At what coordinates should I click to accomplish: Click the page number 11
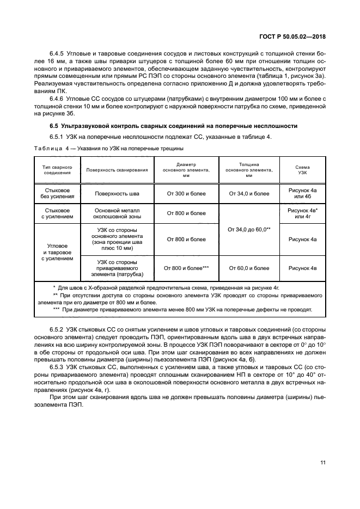(x=323, y=463)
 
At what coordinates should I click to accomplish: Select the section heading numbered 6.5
(x=173, y=126)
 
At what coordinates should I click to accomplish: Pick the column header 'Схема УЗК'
(x=302, y=170)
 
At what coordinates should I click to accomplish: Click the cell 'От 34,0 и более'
(x=249, y=193)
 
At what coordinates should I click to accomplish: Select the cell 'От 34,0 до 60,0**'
(x=249, y=230)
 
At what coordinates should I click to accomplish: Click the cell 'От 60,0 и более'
(x=249, y=268)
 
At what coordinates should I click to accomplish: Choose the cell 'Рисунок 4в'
(x=302, y=268)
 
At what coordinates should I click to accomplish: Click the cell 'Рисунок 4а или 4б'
(x=302, y=193)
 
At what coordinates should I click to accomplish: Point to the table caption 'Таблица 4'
(x=51, y=148)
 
